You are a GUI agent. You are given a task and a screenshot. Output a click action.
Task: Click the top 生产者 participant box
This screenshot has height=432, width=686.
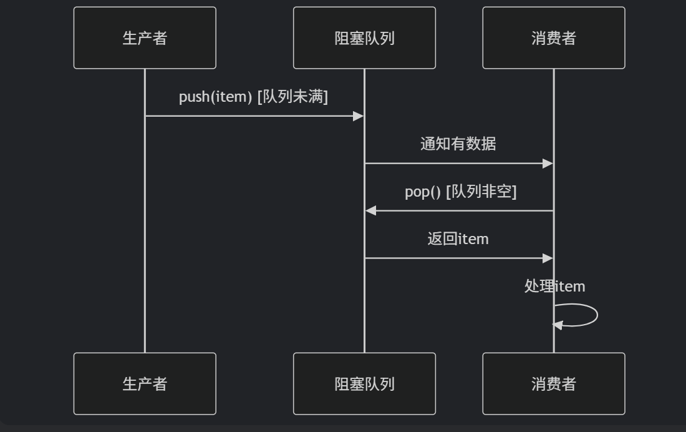coord(145,38)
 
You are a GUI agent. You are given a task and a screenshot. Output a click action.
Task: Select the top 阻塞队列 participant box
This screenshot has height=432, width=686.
coord(364,38)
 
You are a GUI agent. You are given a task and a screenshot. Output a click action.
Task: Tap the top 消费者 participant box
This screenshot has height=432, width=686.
coord(553,38)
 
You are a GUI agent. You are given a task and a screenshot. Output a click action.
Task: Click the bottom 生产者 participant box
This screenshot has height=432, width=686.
coord(145,383)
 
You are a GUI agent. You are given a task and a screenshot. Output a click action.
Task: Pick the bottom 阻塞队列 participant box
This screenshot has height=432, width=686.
coord(364,383)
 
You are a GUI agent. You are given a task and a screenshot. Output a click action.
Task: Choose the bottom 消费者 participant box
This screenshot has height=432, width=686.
coord(553,383)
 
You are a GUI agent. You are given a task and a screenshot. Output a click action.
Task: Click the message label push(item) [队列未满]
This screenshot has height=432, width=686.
coord(253,97)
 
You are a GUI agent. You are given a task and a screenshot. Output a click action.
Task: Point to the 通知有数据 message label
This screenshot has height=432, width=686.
coord(458,144)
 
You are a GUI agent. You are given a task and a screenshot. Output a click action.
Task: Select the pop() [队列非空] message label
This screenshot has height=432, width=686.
coord(461,191)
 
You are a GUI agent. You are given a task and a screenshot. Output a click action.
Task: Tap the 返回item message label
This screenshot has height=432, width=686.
coord(458,238)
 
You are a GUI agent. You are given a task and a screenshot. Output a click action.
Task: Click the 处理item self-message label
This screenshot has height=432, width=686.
coord(554,286)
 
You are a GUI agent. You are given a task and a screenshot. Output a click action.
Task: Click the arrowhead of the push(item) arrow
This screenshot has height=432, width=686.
coord(359,116)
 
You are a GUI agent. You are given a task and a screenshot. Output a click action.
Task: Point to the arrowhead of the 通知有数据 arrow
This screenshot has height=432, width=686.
coord(548,164)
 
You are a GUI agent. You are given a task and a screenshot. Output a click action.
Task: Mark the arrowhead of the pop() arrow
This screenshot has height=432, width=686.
coord(370,211)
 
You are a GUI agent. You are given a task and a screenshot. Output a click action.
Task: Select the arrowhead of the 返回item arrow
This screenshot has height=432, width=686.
coord(548,258)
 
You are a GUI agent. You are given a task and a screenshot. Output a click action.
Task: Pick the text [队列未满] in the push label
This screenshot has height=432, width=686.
coord(292,97)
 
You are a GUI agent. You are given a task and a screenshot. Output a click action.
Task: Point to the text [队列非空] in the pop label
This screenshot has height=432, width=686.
coord(481,191)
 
